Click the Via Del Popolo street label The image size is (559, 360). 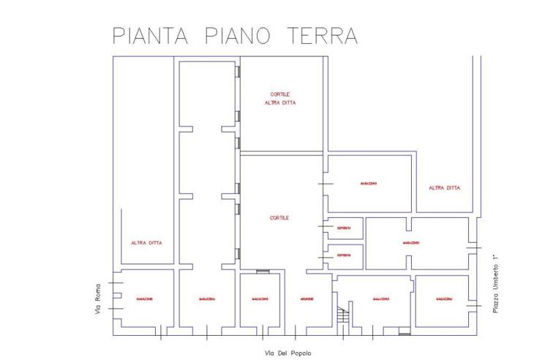tap(288, 353)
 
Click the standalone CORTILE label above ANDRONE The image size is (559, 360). tap(279, 218)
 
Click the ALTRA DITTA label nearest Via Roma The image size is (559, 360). tap(146, 243)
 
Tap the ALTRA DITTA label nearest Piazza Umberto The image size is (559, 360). tap(444, 188)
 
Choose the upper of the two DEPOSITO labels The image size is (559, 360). tap(344, 229)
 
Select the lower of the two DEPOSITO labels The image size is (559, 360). tap(344, 256)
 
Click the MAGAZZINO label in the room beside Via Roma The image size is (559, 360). tap(144, 299)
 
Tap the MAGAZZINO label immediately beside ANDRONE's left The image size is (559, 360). tap(260, 299)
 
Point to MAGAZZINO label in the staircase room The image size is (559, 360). tap(380, 299)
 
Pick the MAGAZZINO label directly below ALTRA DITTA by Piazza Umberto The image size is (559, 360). tap(410, 243)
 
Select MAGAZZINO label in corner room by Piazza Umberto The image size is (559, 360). tap(443, 299)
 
